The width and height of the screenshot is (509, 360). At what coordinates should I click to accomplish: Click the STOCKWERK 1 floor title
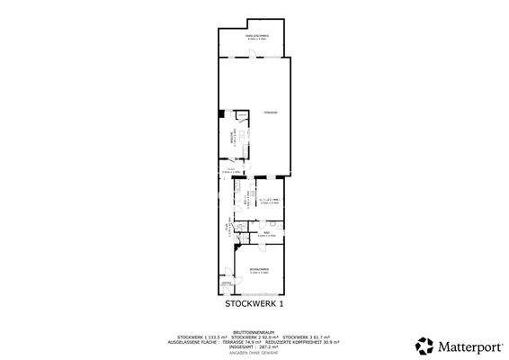tap(254, 304)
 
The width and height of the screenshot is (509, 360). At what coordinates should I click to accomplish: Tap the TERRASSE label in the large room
tap(271, 112)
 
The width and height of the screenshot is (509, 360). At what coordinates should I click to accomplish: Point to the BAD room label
tap(266, 233)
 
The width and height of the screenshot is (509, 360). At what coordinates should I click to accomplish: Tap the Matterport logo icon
tap(422, 344)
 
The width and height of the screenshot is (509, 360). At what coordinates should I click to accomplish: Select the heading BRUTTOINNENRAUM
tap(254, 330)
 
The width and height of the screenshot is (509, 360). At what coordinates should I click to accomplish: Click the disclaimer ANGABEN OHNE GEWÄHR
tap(254, 351)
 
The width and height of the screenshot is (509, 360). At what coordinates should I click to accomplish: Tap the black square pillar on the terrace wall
tap(221, 114)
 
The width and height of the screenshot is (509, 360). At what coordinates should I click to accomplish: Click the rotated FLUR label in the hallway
tap(227, 229)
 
